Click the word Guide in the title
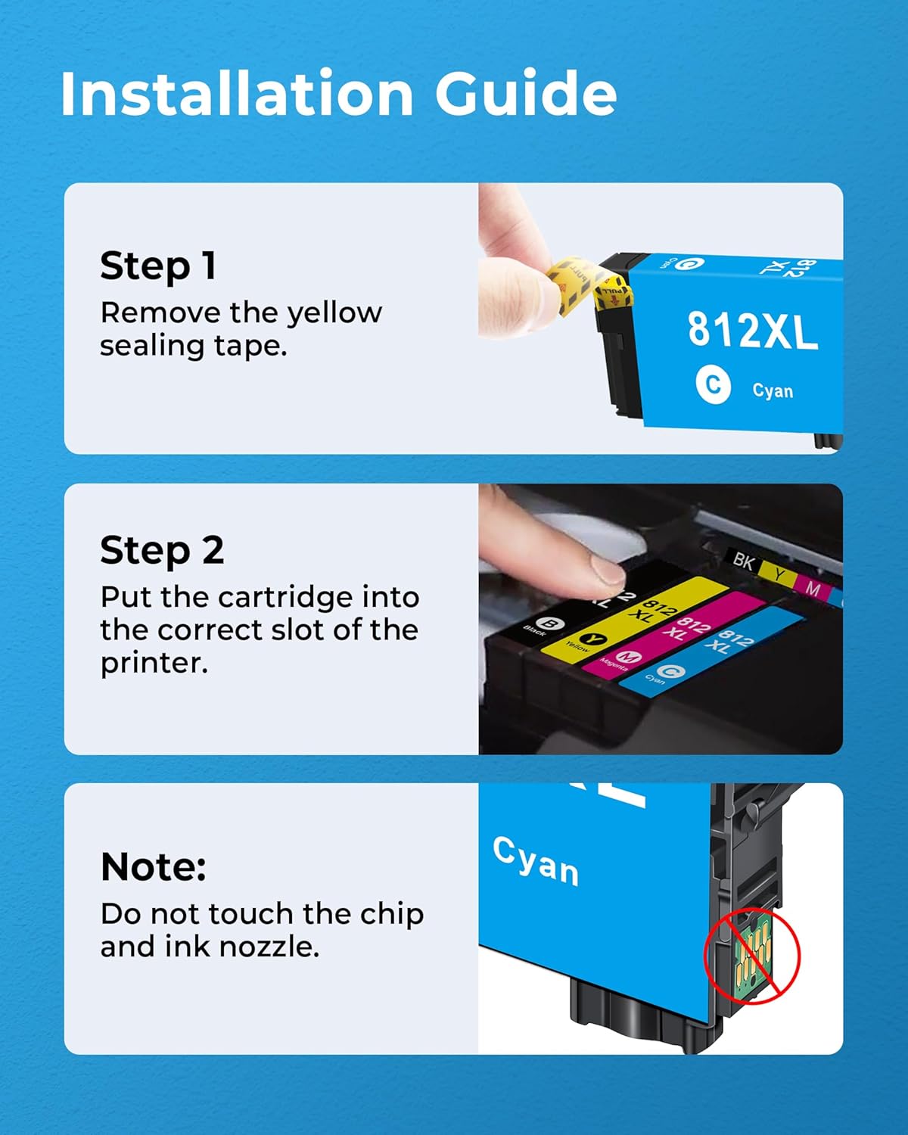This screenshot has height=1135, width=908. [525, 94]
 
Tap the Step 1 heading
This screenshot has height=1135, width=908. [158, 266]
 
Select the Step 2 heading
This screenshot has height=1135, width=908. [162, 551]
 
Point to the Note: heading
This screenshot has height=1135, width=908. [154, 867]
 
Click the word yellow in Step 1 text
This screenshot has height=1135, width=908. [334, 313]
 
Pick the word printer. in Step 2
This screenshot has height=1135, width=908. [154, 663]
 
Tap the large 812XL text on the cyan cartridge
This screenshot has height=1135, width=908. [752, 331]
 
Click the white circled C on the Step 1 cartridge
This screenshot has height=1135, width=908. [713, 385]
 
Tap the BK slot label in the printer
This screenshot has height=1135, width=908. [743, 561]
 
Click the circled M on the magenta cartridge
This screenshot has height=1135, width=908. [628, 656]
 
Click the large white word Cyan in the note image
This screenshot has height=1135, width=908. [536, 861]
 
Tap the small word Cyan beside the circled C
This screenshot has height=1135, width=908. [773, 391]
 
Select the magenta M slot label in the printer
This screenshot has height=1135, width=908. [813, 589]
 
